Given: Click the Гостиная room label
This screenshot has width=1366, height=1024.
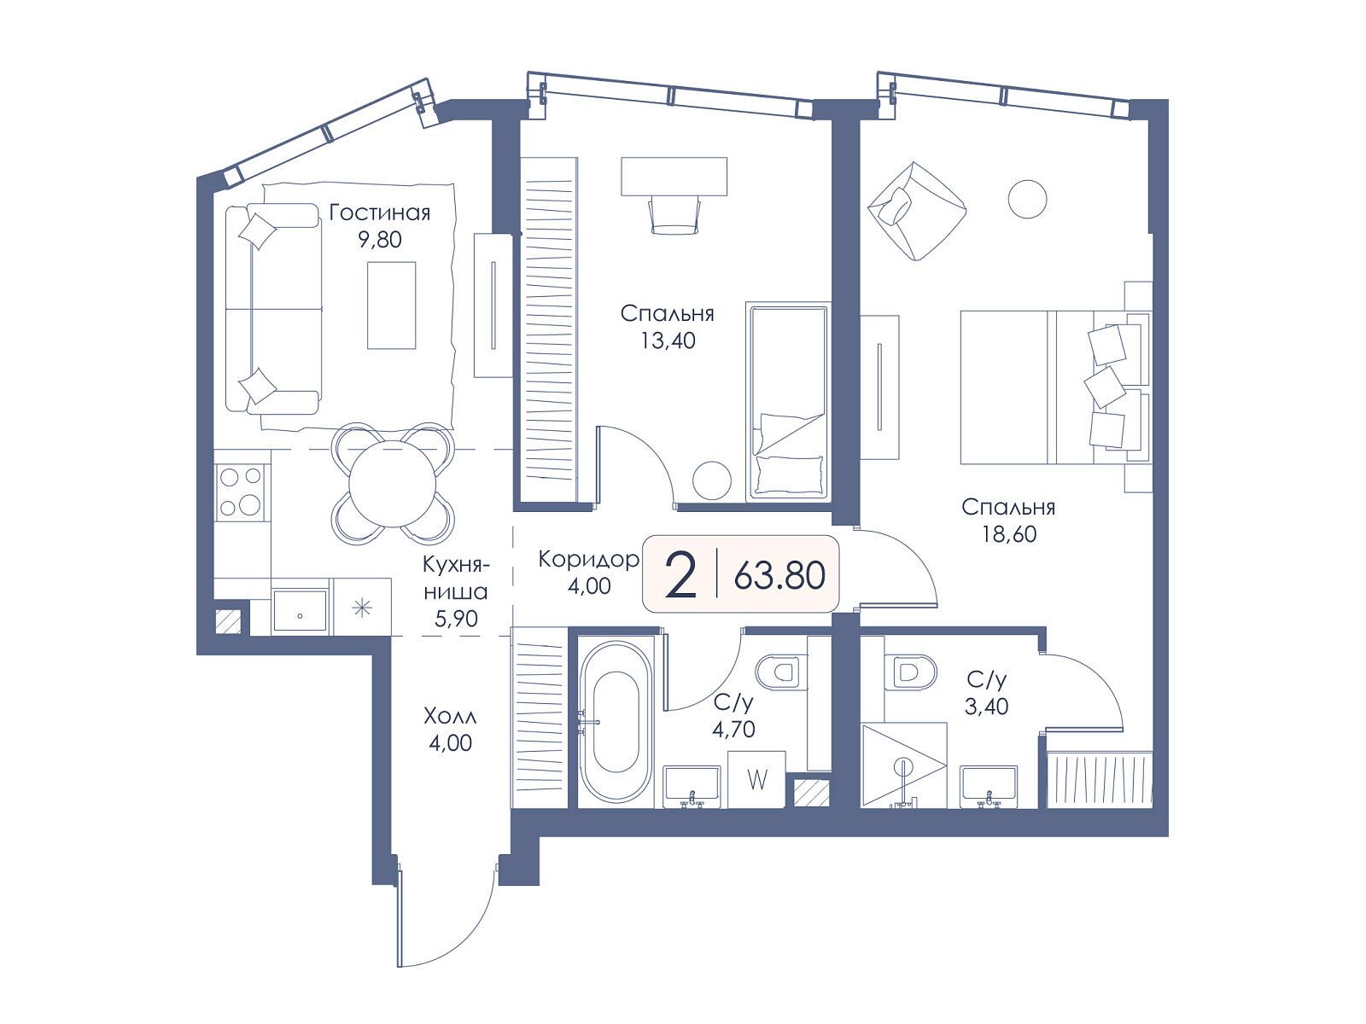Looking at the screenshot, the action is pos(380,212).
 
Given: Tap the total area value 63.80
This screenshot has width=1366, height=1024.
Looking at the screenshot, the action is pos(779,575).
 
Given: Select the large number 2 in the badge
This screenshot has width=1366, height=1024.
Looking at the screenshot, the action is pos(680,575).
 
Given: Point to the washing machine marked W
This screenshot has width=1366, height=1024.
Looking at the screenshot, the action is pos(756,780).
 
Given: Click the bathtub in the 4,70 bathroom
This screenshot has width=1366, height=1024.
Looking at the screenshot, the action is pos(616,722).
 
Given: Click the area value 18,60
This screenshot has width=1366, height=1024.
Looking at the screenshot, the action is pos(1009,533).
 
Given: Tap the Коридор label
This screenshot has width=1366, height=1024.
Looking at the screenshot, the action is pos(588,560).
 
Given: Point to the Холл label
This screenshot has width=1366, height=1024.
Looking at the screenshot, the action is pos(450,717).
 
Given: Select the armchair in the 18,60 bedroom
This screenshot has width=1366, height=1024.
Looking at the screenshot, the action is pos(917,211).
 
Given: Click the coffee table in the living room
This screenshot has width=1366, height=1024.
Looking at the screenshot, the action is pos(391,305).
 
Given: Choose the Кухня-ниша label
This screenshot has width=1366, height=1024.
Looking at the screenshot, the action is pos(456,591).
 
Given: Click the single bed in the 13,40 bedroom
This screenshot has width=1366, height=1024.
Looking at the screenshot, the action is pos(788,401).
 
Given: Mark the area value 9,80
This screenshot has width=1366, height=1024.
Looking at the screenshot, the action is pos(380,240).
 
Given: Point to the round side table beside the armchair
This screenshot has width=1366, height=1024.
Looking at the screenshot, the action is pos(1027,199).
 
